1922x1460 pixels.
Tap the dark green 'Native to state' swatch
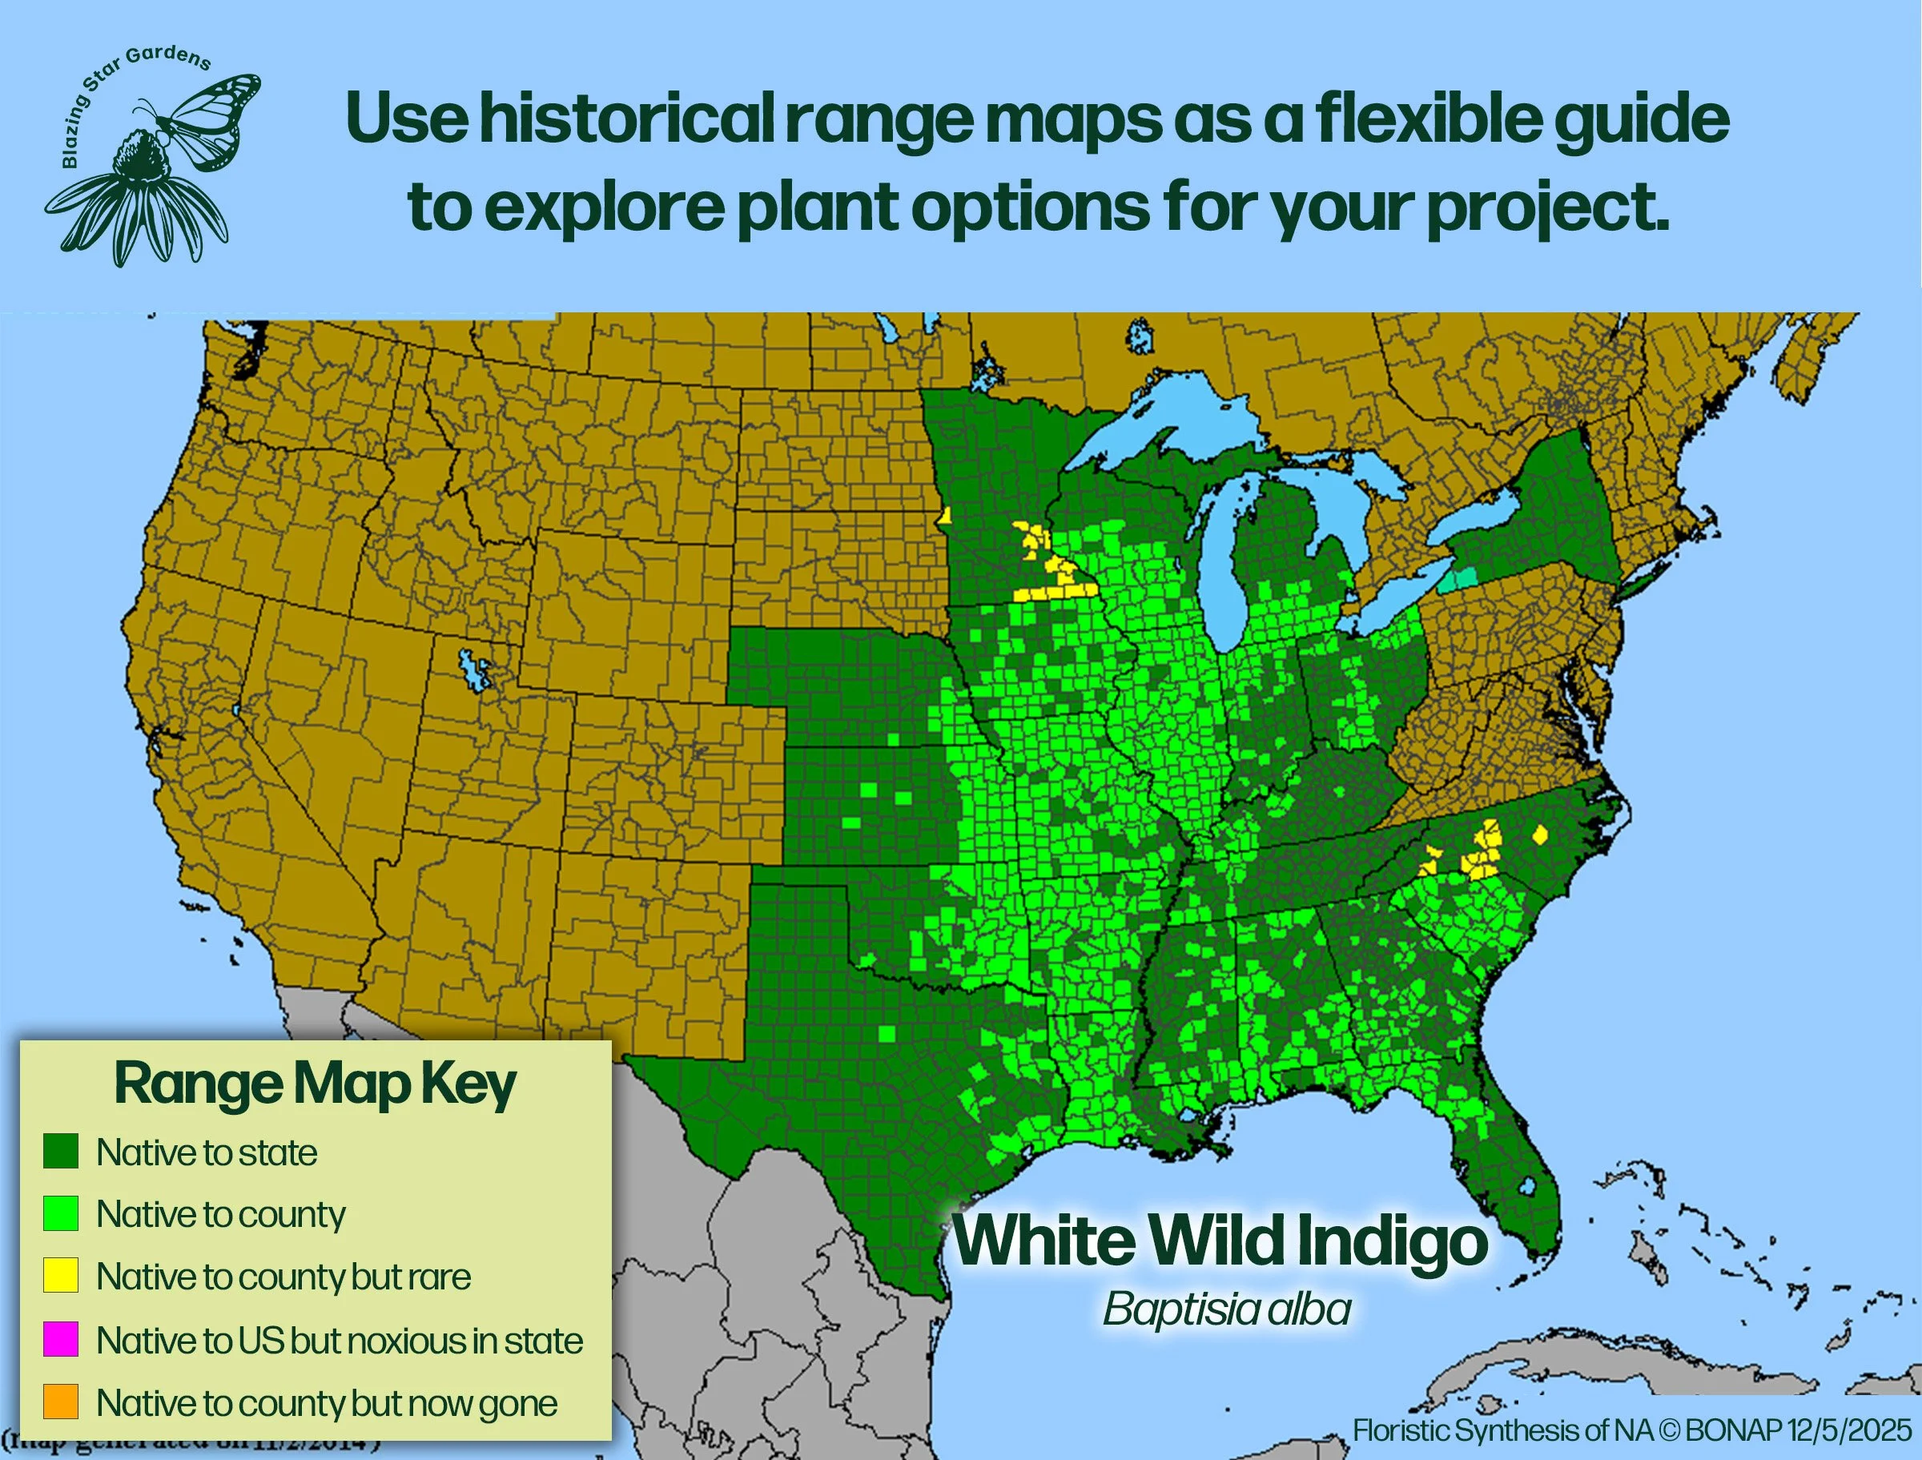[61, 1152]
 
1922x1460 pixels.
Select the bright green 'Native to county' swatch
[61, 1213]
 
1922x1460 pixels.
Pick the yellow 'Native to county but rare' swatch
[61, 1276]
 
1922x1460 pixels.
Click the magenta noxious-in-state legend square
[61, 1339]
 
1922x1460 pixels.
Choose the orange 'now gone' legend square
[61, 1402]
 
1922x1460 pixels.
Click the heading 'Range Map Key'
[315, 1084]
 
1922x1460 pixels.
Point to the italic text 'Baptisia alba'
[1226, 1309]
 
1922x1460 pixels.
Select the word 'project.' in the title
[1547, 208]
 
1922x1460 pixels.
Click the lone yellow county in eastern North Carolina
[1541, 835]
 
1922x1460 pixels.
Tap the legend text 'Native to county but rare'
[283, 1277]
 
